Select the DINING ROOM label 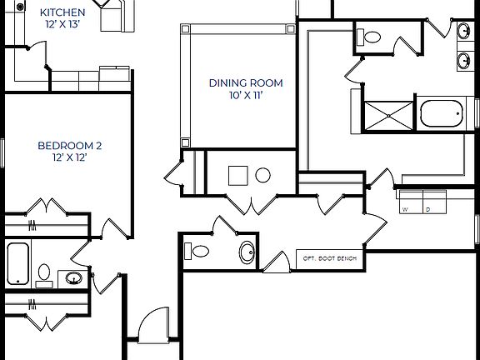(246, 82)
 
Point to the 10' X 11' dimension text (246, 95)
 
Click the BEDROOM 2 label (70, 145)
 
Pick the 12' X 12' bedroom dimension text (70, 157)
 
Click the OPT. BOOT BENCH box (329, 259)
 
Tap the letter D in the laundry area (427, 210)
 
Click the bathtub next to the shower (441, 113)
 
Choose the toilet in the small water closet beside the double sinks (371, 37)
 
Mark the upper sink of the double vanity (463, 32)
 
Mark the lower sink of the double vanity (463, 60)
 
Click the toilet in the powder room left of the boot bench (199, 251)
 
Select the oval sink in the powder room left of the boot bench (247, 252)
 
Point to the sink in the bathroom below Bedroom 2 (74, 277)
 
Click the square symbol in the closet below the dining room (237, 175)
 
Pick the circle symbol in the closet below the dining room (263, 175)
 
